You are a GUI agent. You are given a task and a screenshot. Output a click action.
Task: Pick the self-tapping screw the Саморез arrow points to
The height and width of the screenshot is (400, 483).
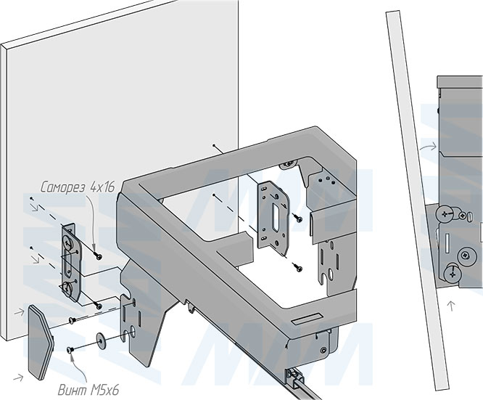[x=98, y=255]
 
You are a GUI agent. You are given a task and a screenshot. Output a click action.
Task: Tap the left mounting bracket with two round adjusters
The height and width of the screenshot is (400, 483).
[x=68, y=264]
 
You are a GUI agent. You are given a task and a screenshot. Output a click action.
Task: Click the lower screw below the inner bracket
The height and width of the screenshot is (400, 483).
[x=297, y=266]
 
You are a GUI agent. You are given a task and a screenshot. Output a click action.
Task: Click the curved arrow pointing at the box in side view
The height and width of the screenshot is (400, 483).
[x=429, y=148]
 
